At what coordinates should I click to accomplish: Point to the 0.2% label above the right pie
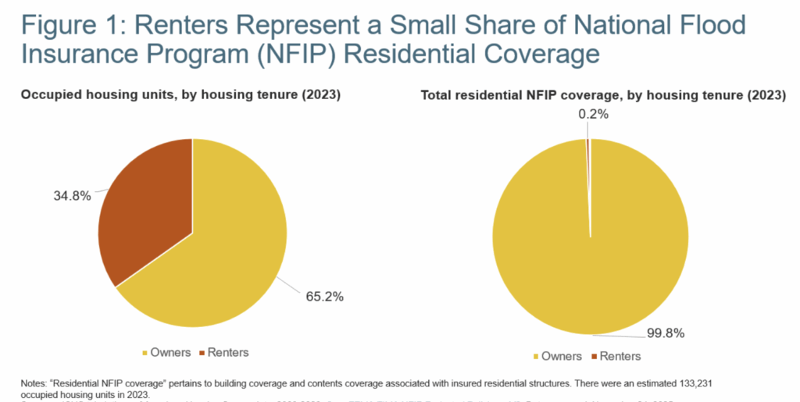593,114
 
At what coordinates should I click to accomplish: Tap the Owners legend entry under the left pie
166,352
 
